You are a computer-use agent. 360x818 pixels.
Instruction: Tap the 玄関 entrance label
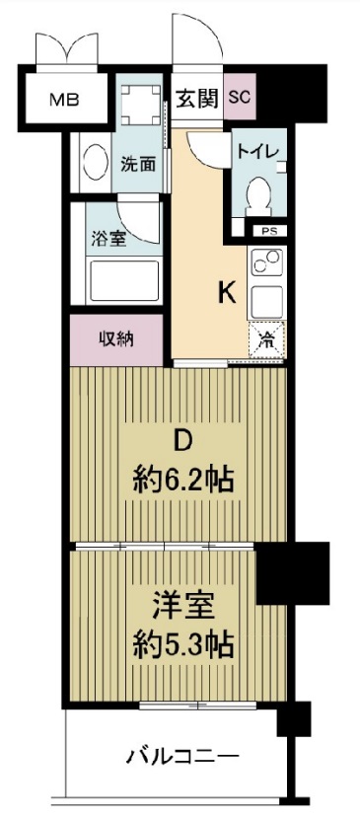(x=197, y=98)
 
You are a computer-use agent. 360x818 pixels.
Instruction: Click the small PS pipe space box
(x=268, y=232)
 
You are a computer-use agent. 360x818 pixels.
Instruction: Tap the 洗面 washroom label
(x=139, y=165)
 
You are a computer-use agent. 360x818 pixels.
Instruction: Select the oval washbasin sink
(x=96, y=163)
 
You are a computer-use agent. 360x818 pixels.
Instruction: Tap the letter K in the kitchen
(x=226, y=292)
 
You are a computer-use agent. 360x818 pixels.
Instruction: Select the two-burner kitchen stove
(x=267, y=263)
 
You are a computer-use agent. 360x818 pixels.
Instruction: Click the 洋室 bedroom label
(x=183, y=604)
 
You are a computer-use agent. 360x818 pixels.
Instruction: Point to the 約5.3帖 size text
(x=183, y=647)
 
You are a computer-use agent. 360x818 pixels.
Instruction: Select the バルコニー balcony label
(x=181, y=758)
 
